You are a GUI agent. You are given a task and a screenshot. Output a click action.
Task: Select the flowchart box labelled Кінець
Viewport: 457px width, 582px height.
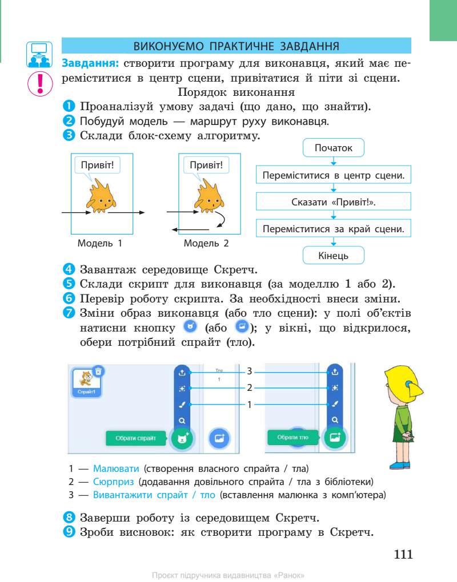pyautogui.click(x=334, y=256)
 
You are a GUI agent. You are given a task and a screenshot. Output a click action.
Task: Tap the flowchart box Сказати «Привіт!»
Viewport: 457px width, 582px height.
pyautogui.click(x=334, y=203)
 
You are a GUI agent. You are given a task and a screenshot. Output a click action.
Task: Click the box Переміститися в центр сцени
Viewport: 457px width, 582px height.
pyautogui.click(x=334, y=176)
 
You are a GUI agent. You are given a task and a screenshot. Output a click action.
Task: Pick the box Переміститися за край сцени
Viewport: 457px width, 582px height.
pyautogui.click(x=334, y=229)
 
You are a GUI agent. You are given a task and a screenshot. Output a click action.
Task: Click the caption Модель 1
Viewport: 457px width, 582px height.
pyautogui.click(x=100, y=244)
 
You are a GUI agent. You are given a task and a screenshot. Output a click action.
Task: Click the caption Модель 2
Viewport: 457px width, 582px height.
pyautogui.click(x=206, y=244)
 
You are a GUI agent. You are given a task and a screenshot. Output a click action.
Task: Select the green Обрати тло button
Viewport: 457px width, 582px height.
pyautogui.click(x=293, y=438)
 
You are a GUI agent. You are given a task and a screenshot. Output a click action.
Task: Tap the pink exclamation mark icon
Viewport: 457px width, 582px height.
pyautogui.click(x=39, y=83)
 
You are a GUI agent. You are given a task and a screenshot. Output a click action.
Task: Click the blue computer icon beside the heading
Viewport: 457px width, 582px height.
pyautogui.click(x=39, y=54)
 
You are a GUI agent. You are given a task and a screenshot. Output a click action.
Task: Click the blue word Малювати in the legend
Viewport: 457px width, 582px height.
pyautogui.click(x=116, y=469)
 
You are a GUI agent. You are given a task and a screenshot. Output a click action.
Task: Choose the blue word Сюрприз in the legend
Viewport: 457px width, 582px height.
pyautogui.click(x=114, y=482)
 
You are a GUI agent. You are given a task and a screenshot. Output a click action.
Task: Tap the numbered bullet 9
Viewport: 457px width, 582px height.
pyautogui.click(x=69, y=533)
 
